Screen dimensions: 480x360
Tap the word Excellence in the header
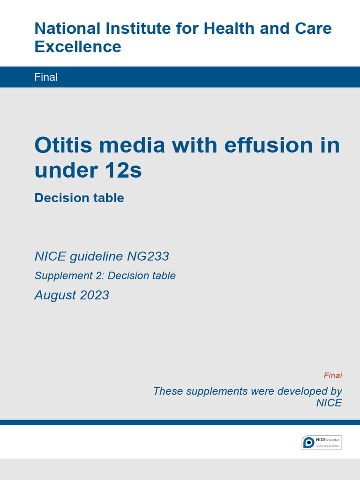pos(78,47)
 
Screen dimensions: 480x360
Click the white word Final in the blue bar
pos(46,77)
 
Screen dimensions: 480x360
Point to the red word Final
pos(332,375)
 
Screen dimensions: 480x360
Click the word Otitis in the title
pos(65,145)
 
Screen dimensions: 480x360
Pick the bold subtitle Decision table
pos(79,198)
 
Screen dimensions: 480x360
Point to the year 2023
pos(95,295)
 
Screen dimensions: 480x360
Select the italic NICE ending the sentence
pos(329,403)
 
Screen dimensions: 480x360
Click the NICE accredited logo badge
pos(321,442)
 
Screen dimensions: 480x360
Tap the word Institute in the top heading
pos(134,29)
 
